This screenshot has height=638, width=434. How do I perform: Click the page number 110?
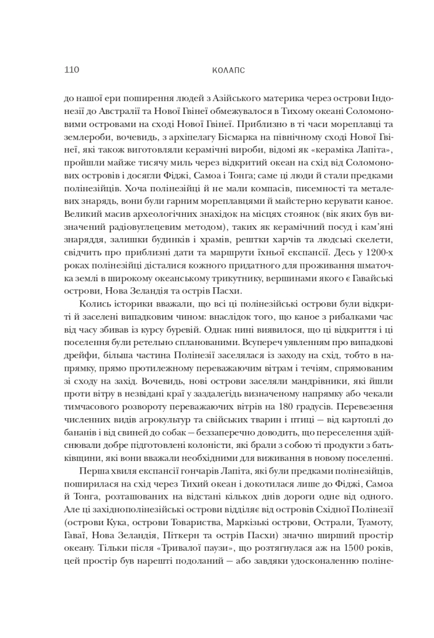(x=71, y=70)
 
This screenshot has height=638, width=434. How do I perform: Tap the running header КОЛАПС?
(x=224, y=70)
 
